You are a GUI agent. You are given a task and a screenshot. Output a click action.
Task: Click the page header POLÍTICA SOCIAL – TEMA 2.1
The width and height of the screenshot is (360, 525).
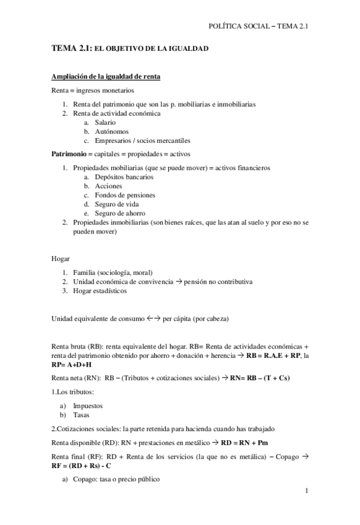(259, 26)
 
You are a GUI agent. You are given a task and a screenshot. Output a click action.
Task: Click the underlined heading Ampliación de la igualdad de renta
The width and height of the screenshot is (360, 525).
(106, 76)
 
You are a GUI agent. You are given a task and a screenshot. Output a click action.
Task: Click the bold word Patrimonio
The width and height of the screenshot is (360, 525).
(68, 154)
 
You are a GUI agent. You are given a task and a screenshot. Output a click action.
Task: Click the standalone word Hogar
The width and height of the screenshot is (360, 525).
(61, 258)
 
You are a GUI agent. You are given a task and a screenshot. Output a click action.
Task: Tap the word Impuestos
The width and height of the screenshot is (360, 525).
(88, 406)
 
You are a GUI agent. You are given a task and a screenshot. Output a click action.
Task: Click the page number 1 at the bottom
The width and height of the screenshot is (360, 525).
(306, 491)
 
